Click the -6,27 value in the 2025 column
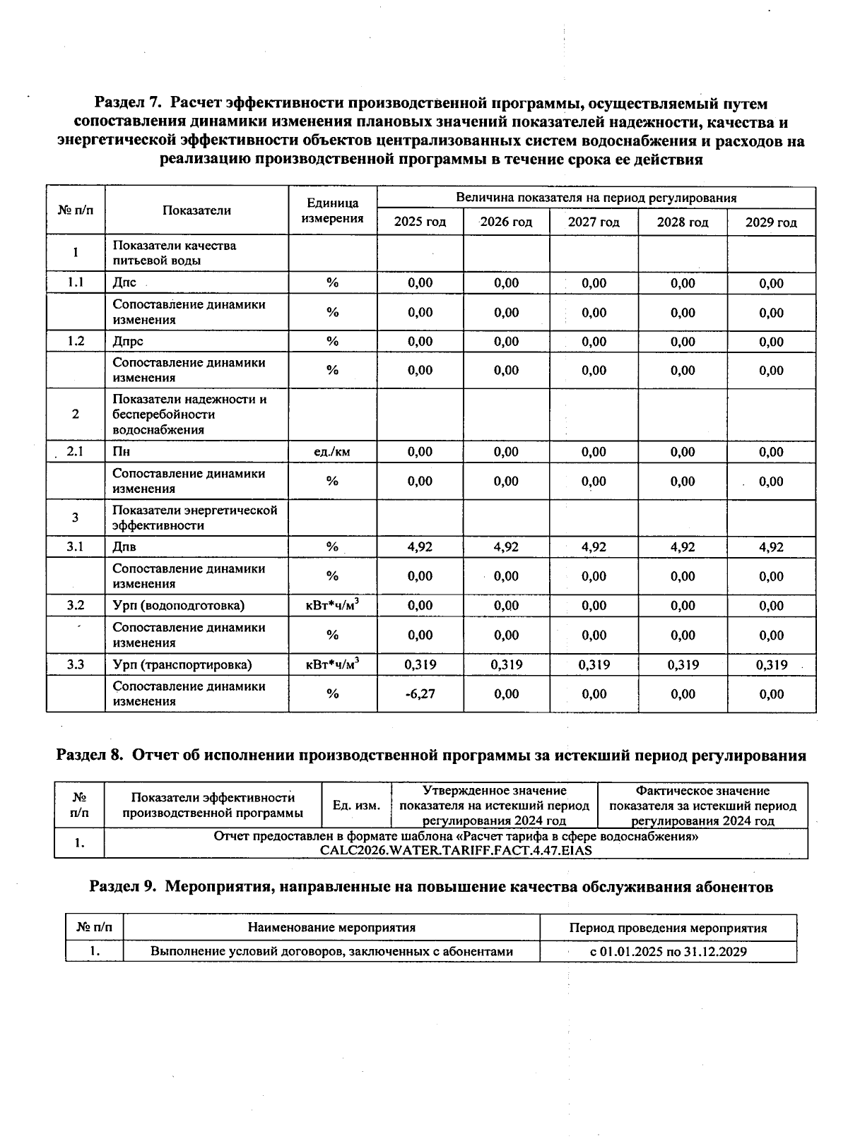[x=420, y=694]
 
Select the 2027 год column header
[x=594, y=222]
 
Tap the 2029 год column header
[x=771, y=222]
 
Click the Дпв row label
[x=125, y=547]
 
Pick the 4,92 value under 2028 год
[x=683, y=547]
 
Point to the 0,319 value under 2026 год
[x=507, y=665]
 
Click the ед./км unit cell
[x=332, y=452]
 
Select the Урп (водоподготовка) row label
[x=179, y=606]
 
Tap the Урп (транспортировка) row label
[x=182, y=665]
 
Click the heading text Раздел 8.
[x=90, y=756]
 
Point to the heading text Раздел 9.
[x=124, y=888]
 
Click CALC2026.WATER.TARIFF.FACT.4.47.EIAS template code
[x=456, y=851]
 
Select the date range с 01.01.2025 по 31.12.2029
[x=669, y=952]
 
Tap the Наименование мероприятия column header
[x=331, y=928]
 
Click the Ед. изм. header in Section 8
[x=356, y=806]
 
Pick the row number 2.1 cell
[x=76, y=452]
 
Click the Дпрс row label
[x=128, y=342]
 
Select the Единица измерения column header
[x=332, y=211]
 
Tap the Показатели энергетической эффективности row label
[x=194, y=518]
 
